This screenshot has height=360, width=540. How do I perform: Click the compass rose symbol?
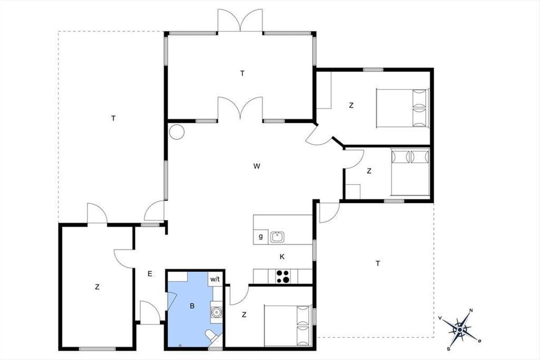coord(460,329)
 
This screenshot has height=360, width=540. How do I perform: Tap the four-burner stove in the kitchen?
coord(283,276)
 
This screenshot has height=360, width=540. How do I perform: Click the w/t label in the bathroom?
coord(215,279)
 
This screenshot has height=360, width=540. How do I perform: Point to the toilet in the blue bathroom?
coord(211,336)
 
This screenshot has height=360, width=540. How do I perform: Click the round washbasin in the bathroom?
coord(216,312)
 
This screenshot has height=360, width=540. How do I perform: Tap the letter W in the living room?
coord(257,166)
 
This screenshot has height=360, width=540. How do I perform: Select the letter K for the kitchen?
coord(282,257)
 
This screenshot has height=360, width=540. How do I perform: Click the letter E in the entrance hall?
coord(150,274)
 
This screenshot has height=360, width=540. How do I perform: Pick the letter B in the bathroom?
coord(192,306)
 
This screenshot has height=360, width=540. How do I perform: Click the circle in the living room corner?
coord(177,132)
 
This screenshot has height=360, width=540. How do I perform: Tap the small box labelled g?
coord(261,237)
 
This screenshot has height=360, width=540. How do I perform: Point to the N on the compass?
coord(471,310)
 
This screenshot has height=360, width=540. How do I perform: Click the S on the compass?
coord(448,349)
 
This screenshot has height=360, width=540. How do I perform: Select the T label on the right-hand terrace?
coord(378,264)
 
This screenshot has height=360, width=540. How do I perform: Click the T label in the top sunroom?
coord(243,73)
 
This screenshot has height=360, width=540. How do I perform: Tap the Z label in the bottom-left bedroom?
coord(97,287)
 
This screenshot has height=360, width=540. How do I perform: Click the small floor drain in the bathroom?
coord(180,346)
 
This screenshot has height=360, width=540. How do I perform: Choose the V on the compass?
coord(440,318)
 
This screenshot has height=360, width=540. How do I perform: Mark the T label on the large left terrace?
coord(113,118)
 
